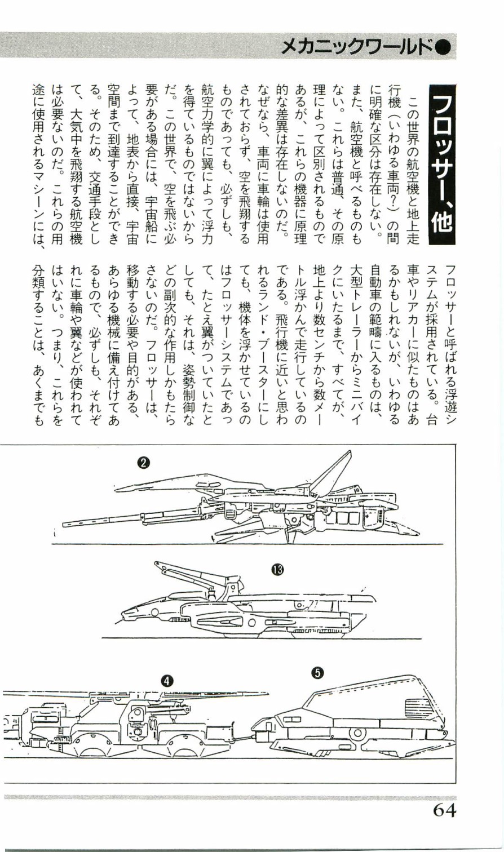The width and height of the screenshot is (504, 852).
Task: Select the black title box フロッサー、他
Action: click(443, 163)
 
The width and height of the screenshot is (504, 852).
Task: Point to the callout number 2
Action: click(144, 463)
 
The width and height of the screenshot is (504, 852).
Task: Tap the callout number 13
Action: click(277, 570)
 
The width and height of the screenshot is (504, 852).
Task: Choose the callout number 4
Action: click(166, 680)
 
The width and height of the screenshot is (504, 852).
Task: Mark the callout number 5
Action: click(318, 672)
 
